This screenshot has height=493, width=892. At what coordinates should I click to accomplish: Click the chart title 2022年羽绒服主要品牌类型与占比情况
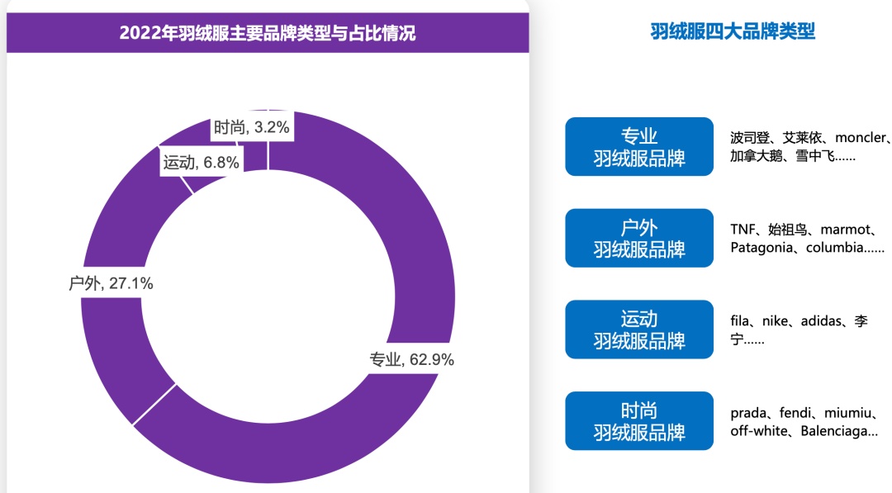tap(267, 33)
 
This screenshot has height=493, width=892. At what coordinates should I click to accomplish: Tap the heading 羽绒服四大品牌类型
tap(733, 31)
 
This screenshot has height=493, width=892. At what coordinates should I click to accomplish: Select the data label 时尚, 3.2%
tap(251, 127)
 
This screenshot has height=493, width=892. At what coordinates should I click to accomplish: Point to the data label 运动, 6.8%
tap(201, 163)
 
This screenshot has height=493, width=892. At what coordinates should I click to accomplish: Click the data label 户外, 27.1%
tap(111, 284)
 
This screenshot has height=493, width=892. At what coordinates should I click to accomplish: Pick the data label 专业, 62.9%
tap(411, 359)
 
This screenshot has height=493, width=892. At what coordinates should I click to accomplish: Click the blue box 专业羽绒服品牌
tap(638, 147)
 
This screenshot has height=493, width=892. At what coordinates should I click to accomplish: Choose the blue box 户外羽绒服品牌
tap(638, 238)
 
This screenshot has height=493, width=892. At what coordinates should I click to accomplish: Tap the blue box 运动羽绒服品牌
tap(638, 329)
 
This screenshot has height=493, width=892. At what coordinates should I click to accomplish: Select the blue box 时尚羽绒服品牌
tap(638, 421)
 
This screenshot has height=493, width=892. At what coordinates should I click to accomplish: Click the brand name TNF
tap(743, 229)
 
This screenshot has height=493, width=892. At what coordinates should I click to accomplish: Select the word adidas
tap(818, 320)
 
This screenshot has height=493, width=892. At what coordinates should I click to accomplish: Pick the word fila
tap(739, 320)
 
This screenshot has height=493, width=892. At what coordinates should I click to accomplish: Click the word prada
tap(750, 412)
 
